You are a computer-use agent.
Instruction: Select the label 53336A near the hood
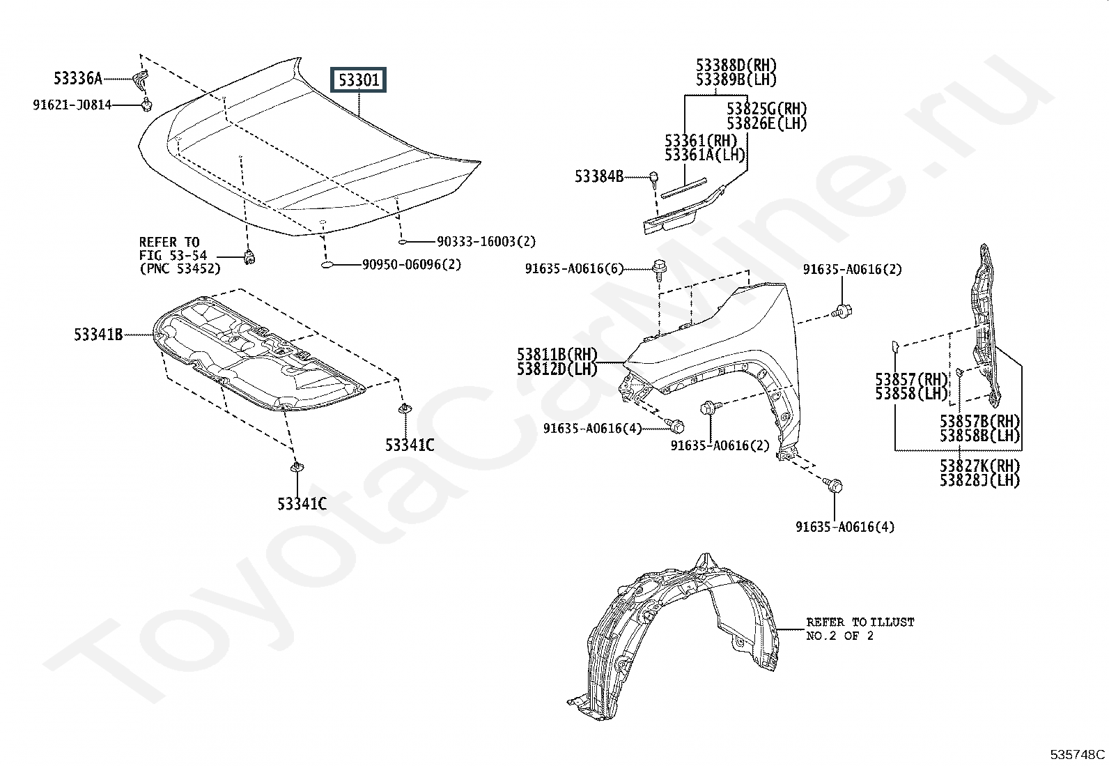(78, 78)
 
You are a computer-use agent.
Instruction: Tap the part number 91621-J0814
(72, 105)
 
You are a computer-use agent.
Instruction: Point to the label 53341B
(98, 335)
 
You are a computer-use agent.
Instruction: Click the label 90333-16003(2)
(486, 242)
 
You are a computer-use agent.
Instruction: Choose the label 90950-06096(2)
(412, 265)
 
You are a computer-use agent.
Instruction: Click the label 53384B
(599, 176)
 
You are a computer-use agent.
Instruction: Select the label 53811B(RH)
(557, 355)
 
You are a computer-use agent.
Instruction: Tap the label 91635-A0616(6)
(575, 269)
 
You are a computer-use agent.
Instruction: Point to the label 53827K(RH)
(979, 466)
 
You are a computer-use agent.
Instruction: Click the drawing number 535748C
(1078, 754)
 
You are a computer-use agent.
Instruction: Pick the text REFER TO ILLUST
(860, 622)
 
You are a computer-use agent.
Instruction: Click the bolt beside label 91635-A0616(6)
(658, 268)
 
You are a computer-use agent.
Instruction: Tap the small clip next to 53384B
(654, 178)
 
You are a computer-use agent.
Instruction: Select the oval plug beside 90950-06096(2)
(329, 265)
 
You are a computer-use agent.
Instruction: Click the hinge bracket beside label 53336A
(141, 80)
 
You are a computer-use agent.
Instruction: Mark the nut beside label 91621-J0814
(147, 105)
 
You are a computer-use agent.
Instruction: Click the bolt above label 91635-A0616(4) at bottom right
(833, 485)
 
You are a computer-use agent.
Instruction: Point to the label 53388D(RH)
(736, 66)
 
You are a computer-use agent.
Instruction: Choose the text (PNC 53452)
(180, 268)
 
